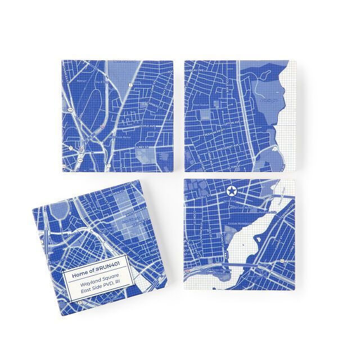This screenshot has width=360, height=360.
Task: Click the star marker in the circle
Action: [231, 192]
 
